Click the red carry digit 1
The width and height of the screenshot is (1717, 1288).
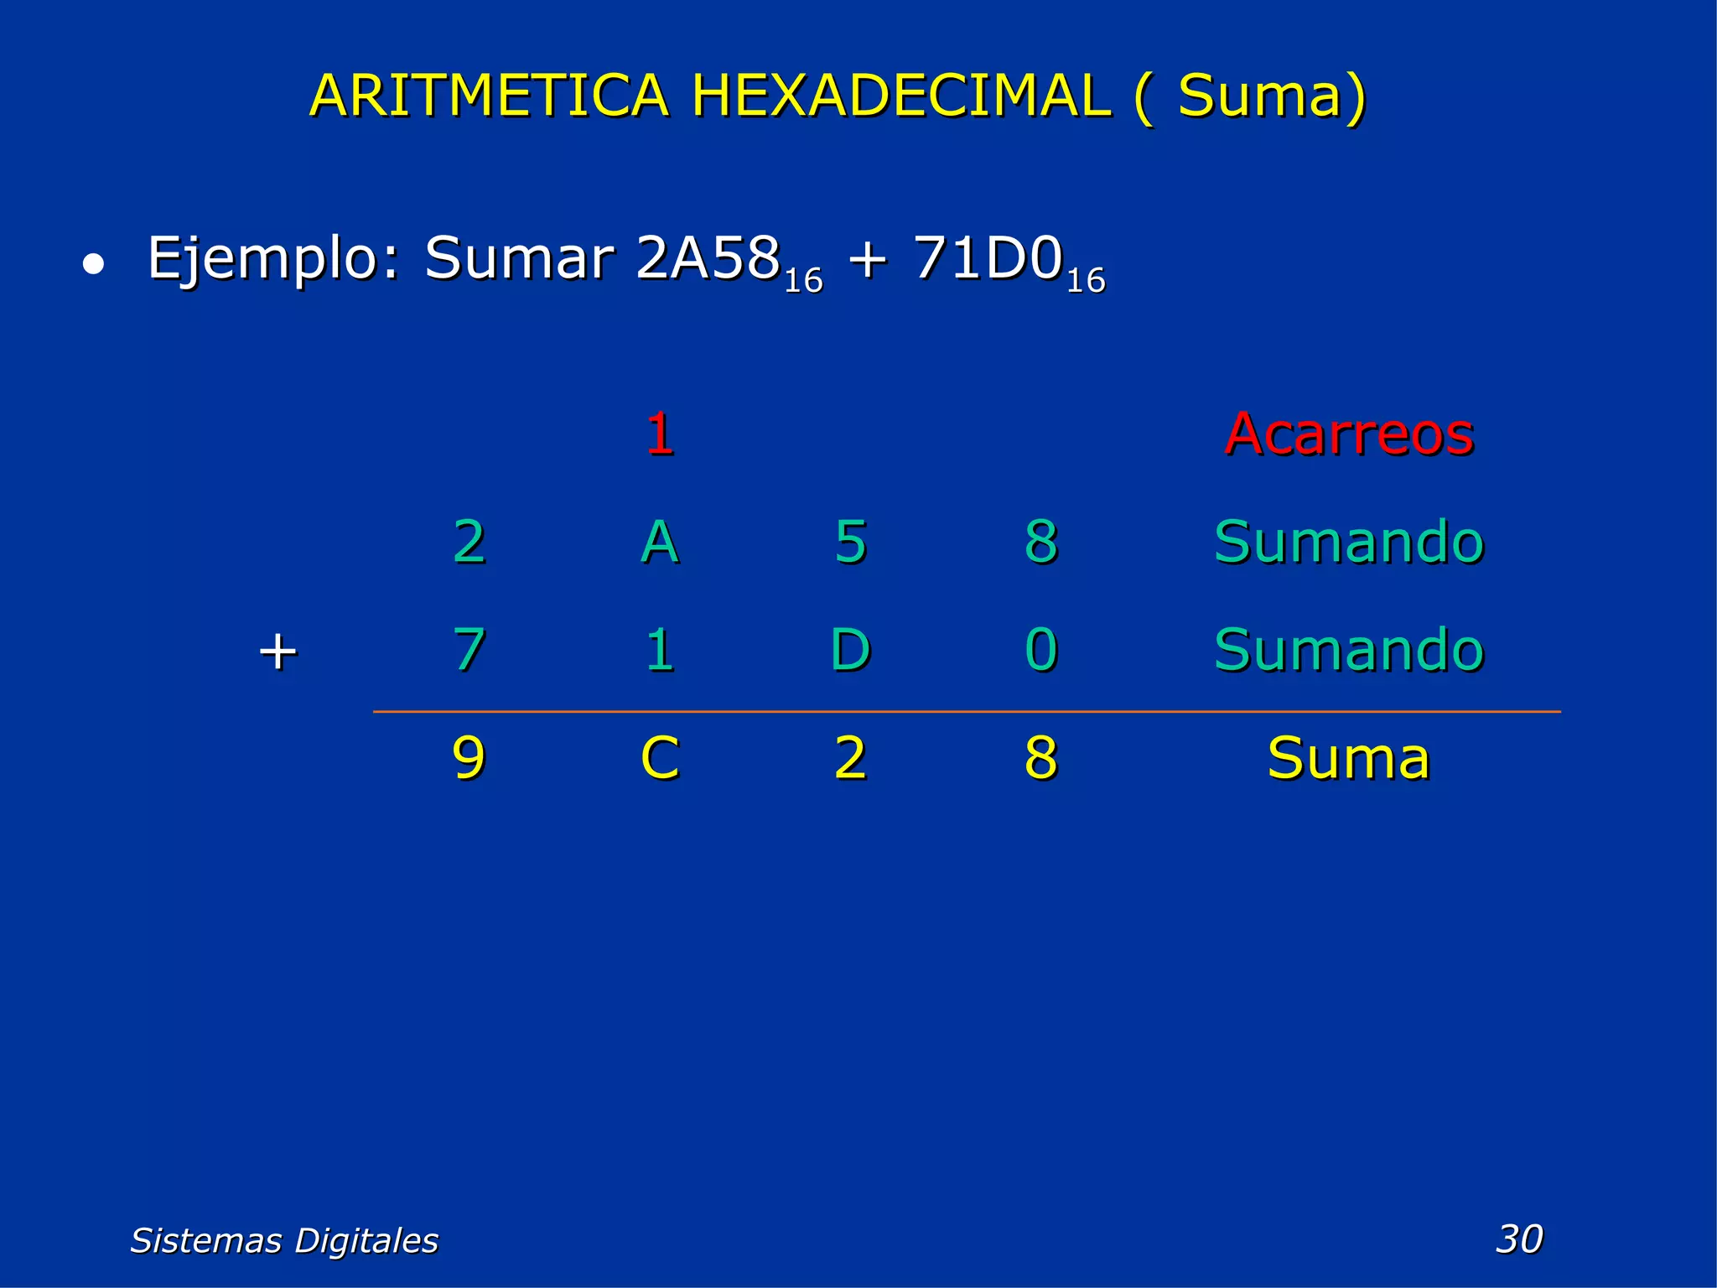tap(660, 434)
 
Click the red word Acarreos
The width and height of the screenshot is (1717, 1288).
tap(1348, 434)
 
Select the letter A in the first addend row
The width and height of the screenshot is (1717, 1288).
tap(660, 542)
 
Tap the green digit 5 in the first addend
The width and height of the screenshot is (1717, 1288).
tap(850, 542)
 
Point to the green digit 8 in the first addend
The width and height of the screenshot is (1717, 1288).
tap(1040, 542)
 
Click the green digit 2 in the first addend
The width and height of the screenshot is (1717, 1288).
tap(469, 542)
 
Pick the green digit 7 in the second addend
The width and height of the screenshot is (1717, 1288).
tap(469, 650)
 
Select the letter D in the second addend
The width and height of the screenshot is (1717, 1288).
tap(850, 650)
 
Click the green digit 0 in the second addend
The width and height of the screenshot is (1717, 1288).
tap(1040, 650)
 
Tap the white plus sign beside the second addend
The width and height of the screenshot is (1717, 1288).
tap(278, 652)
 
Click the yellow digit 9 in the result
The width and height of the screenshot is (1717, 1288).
tap(469, 758)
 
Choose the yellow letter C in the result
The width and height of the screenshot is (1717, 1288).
tap(660, 758)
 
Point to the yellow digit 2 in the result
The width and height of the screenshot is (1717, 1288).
tap(850, 758)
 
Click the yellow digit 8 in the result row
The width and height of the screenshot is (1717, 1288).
tap(1040, 758)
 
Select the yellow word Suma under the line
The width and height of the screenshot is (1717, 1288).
tap(1348, 758)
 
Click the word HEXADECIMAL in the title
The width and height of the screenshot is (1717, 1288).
tap(902, 96)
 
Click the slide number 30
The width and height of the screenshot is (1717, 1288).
tap(1519, 1239)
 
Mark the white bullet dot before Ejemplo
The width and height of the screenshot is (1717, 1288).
tap(93, 265)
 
